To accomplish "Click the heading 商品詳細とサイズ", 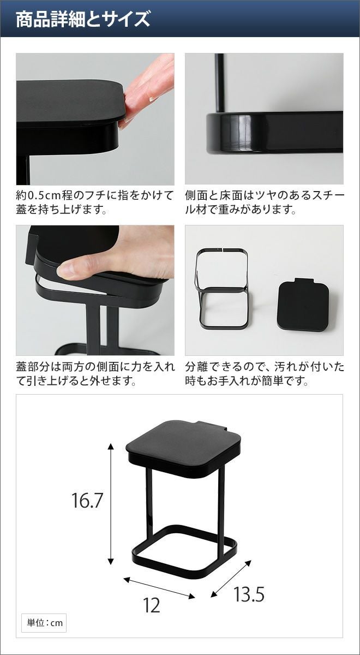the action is pyautogui.click(x=83, y=19).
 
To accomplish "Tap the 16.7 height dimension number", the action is pyautogui.click(x=87, y=500).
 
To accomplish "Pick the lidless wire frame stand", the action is pyautogui.click(x=223, y=288).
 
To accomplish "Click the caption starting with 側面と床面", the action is pyautogui.click(x=265, y=203).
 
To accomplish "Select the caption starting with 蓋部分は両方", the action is pyautogui.click(x=95, y=374).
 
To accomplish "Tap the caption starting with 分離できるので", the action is pyautogui.click(x=265, y=374).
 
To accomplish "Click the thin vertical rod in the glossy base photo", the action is pyautogui.click(x=220, y=82).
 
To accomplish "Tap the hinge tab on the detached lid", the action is pyautogui.click(x=304, y=281).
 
